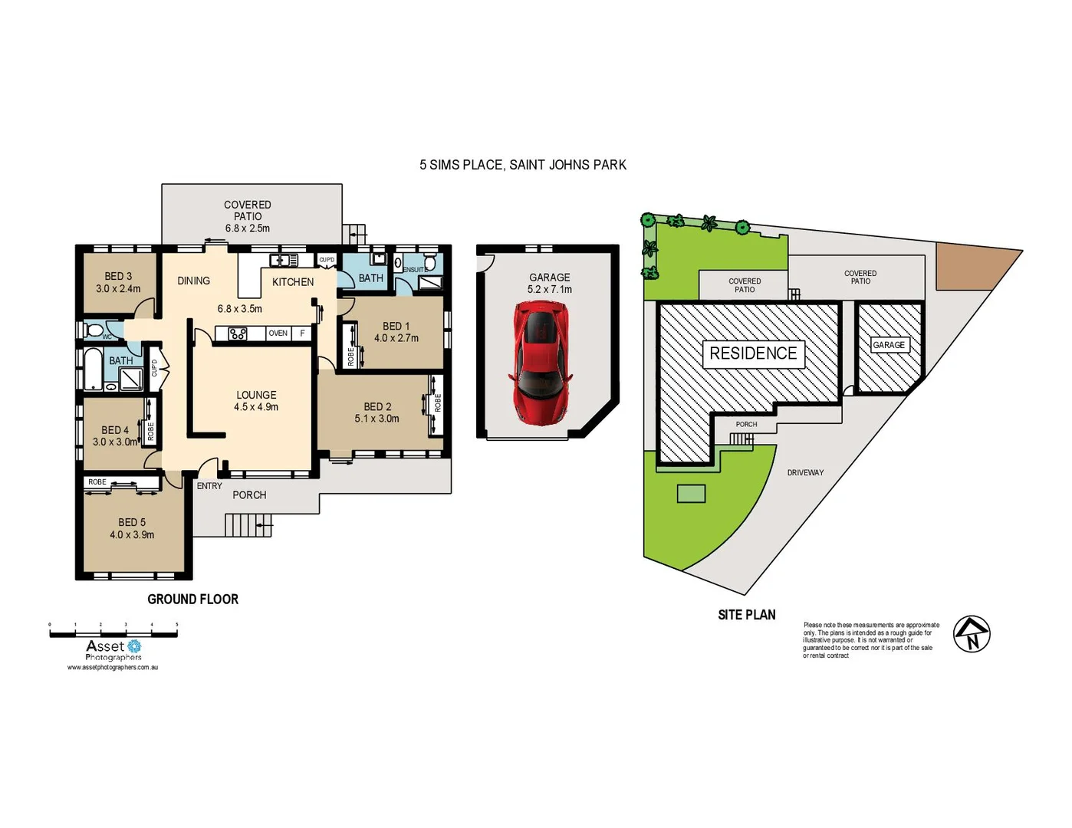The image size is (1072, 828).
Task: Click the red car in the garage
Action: click(x=541, y=362)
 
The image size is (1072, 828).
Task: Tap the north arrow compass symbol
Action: click(x=972, y=634)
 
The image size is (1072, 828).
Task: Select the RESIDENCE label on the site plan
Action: click(x=753, y=353)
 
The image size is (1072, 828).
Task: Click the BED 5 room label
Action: click(x=132, y=522)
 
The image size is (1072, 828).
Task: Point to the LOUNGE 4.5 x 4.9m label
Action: click(x=256, y=401)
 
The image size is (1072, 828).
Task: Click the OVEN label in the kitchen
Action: click(x=278, y=333)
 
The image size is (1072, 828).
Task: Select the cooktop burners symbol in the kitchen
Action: click(x=238, y=333)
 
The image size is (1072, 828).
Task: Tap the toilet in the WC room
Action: click(x=95, y=330)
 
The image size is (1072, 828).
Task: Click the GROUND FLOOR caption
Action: click(x=192, y=600)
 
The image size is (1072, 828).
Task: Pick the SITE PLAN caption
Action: click(x=746, y=615)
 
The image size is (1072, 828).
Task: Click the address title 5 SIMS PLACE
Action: click(x=522, y=165)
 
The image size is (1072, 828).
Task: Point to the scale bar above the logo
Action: click(x=113, y=633)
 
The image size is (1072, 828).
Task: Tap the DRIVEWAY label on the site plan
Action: click(x=805, y=473)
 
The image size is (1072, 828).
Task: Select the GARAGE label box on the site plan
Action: click(x=889, y=345)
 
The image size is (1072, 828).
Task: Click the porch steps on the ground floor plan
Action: click(x=247, y=525)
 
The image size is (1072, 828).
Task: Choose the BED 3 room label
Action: click(x=118, y=277)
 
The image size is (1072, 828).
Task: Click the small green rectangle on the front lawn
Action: click(x=691, y=494)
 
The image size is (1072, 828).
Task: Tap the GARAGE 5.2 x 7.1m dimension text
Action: click(x=550, y=290)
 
